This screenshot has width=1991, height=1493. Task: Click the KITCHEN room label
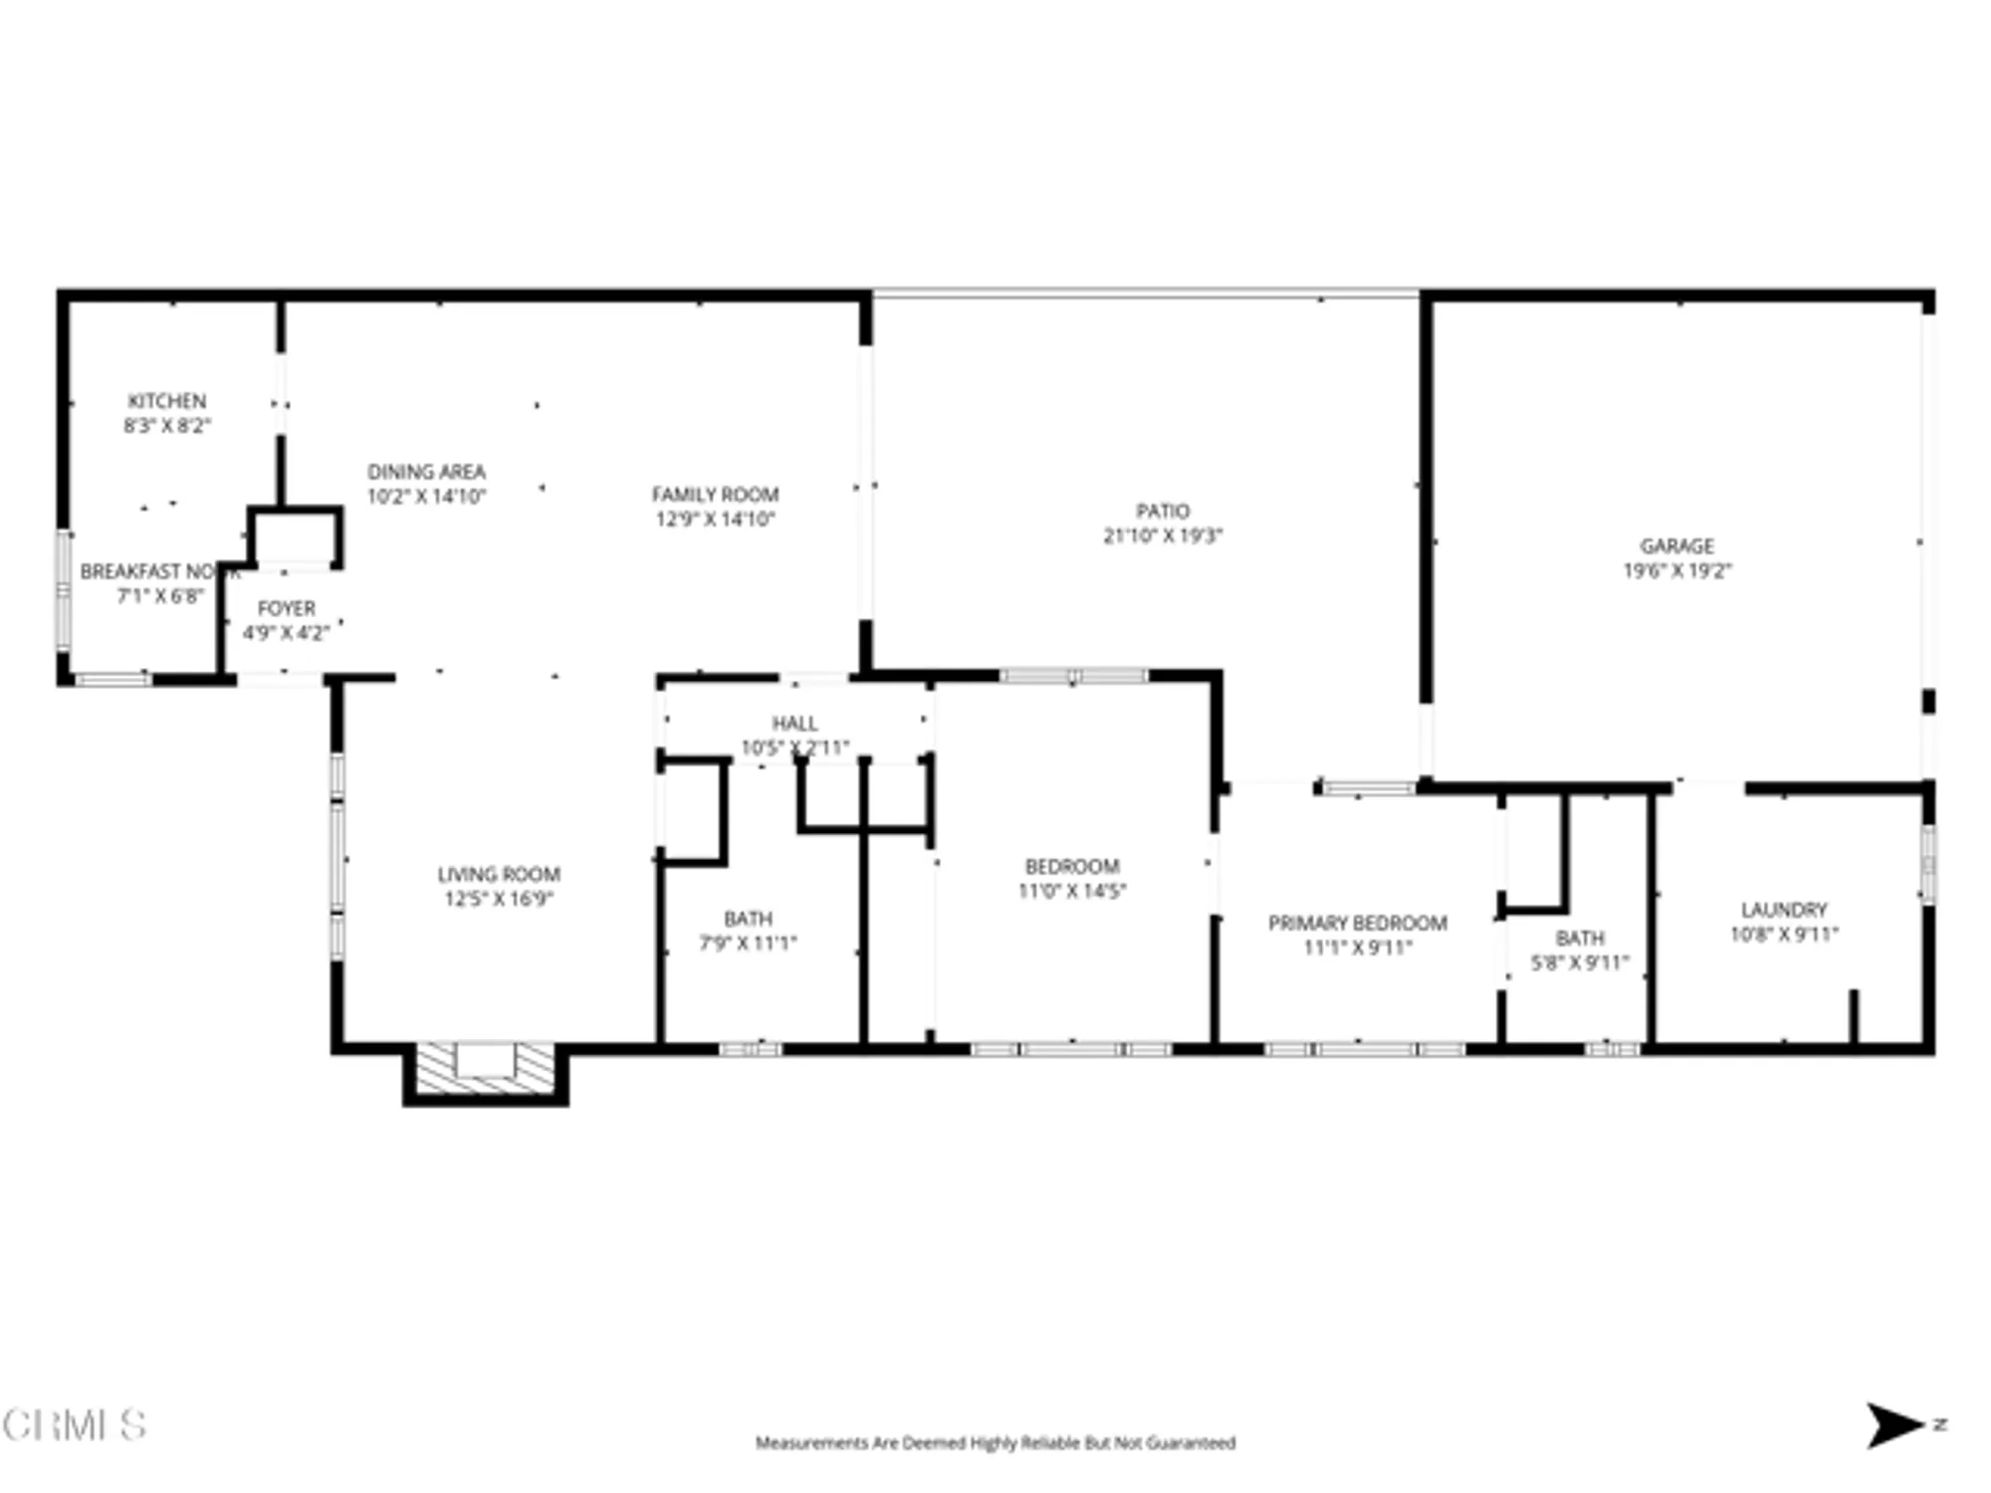point(166,401)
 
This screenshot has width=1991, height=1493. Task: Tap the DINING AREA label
point(426,472)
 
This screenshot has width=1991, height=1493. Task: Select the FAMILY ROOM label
point(715,495)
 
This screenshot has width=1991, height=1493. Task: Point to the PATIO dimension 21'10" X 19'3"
point(1162,535)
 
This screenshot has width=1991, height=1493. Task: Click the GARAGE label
point(1676,546)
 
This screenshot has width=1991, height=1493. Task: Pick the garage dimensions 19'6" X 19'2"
point(1676,571)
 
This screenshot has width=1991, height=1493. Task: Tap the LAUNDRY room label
point(1783,910)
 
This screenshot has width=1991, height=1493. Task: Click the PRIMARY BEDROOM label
point(1357,924)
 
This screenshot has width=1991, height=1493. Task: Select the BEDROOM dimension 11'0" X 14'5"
point(1071,891)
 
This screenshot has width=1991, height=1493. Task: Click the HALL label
point(794,724)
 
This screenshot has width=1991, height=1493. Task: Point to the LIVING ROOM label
point(498,875)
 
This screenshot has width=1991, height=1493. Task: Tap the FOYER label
point(286,608)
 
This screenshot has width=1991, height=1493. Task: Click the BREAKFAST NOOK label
point(159,572)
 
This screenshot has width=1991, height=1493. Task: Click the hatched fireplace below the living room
point(485,1067)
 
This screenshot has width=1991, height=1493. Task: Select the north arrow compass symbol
point(1894,1425)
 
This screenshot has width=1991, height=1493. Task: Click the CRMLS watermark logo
point(74,1425)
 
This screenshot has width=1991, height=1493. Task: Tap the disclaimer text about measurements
point(995,1442)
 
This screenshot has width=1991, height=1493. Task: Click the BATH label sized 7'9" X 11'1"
point(748,919)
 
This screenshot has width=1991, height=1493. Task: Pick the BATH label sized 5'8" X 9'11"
point(1579,939)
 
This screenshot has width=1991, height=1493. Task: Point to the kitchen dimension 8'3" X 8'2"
point(166,426)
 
